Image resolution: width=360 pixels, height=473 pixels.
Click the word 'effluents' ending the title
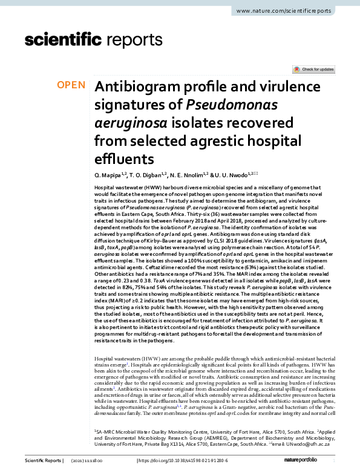click(124, 159)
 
